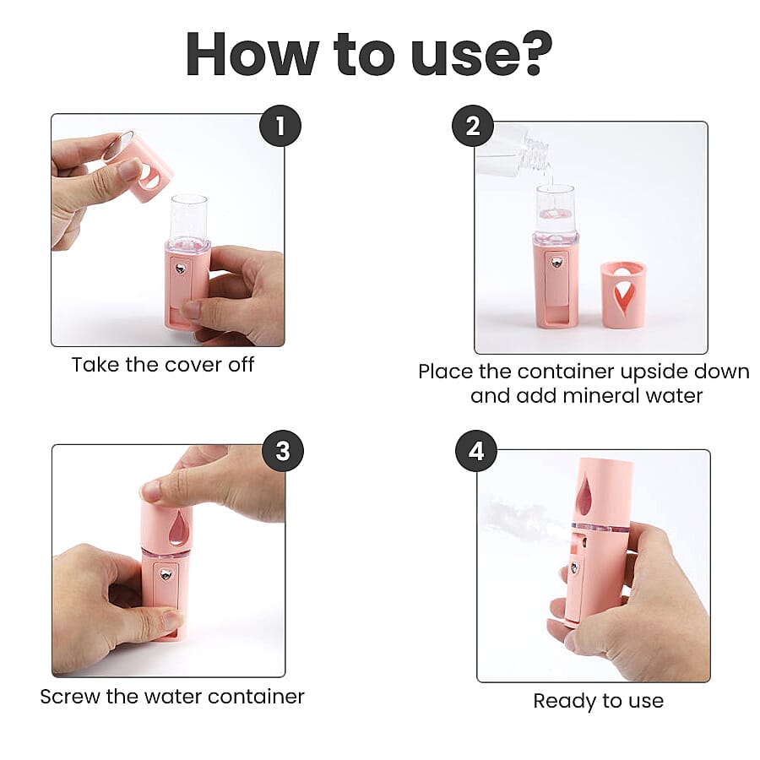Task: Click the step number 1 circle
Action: coord(280,126)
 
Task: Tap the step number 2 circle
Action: coord(473,126)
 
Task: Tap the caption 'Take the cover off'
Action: coord(163,365)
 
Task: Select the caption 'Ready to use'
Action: coord(598,701)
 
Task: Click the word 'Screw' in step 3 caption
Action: coord(73,698)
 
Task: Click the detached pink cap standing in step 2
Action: coord(623,294)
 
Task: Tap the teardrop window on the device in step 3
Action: coord(178,529)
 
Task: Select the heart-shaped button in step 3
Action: coord(166,576)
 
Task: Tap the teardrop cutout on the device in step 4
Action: coord(584,496)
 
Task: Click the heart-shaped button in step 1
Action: coord(180,269)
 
